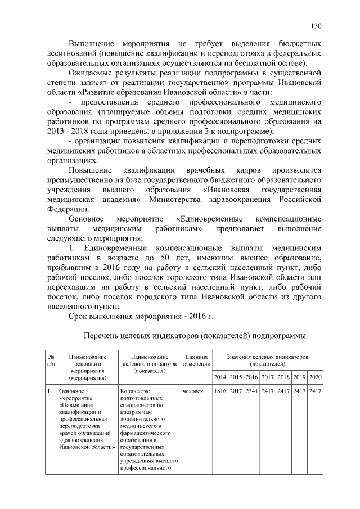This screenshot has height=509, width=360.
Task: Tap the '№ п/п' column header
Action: [51, 361]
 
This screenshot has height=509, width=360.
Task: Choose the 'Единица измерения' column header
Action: [196, 361]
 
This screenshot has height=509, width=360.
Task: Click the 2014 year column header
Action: [220, 376]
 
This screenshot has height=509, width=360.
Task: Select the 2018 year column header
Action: [283, 376]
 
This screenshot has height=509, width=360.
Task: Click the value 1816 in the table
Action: [220, 391]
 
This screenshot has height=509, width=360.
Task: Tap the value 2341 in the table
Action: [252, 391]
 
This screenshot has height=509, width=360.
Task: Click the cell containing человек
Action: [193, 391]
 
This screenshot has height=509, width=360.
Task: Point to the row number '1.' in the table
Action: [49, 391]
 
